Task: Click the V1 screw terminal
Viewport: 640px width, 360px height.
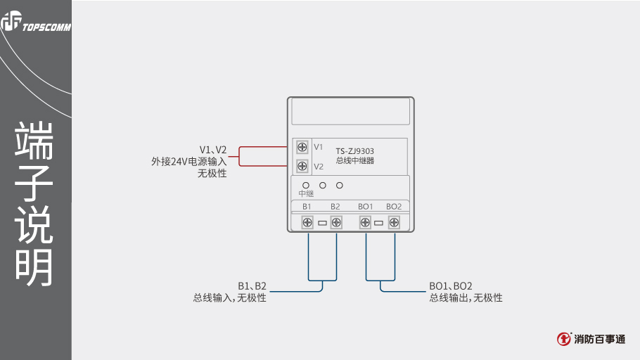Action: pyautogui.click(x=302, y=147)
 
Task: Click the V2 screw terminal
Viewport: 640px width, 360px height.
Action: pyautogui.click(x=302, y=166)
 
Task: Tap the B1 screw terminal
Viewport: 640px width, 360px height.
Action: pyautogui.click(x=307, y=222)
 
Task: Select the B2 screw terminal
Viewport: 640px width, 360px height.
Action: pyautogui.click(x=336, y=222)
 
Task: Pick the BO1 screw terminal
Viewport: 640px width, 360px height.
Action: pyautogui.click(x=365, y=222)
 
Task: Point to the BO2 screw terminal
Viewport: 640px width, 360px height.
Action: pyautogui.click(x=394, y=222)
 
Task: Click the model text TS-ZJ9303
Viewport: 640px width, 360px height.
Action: pyautogui.click(x=354, y=150)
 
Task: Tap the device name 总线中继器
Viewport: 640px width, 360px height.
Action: pyautogui.click(x=354, y=160)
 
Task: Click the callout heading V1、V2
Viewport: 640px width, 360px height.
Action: pyautogui.click(x=213, y=150)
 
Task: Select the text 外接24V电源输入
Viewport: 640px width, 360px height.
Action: pyautogui.click(x=188, y=161)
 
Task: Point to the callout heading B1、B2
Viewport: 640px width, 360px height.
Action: pyautogui.click(x=252, y=286)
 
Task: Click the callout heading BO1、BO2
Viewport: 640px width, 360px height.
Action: pyautogui.click(x=451, y=286)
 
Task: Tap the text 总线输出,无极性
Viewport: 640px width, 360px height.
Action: pyautogui.click(x=466, y=298)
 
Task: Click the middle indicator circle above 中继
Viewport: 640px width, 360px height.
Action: pyautogui.click(x=323, y=186)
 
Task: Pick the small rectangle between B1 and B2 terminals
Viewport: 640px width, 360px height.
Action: pyautogui.click(x=322, y=223)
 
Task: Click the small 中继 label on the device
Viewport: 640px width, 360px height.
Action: pyautogui.click(x=306, y=193)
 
